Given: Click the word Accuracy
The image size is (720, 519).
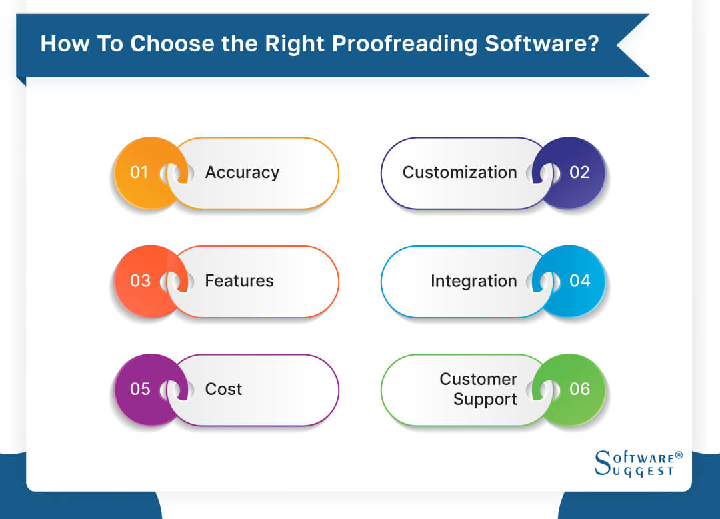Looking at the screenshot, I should [x=242, y=173].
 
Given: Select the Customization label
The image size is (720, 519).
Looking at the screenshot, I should [x=459, y=173].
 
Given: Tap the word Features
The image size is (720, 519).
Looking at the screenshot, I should [x=239, y=281].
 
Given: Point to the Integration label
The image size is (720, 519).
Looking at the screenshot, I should [x=473, y=281].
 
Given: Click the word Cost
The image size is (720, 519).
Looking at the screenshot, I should [x=223, y=389].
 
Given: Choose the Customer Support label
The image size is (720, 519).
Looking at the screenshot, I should [x=478, y=389].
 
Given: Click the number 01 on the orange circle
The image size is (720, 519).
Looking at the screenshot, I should [x=139, y=173].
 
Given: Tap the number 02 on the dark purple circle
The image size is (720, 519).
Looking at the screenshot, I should [x=579, y=173].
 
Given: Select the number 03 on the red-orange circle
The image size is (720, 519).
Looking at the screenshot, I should [x=140, y=281].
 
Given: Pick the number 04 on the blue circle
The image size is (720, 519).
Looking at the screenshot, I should [x=579, y=281].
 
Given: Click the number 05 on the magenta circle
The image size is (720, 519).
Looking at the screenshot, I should [x=140, y=389].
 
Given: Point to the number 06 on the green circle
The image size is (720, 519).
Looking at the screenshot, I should [x=579, y=389].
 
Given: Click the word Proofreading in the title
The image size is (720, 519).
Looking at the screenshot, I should [x=403, y=44].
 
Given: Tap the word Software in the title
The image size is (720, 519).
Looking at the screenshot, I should [x=535, y=44].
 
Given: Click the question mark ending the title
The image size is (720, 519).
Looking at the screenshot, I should [x=593, y=44].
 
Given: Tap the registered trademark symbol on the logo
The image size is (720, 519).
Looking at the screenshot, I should [x=679, y=455].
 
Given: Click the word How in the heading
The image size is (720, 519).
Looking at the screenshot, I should [x=62, y=44].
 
